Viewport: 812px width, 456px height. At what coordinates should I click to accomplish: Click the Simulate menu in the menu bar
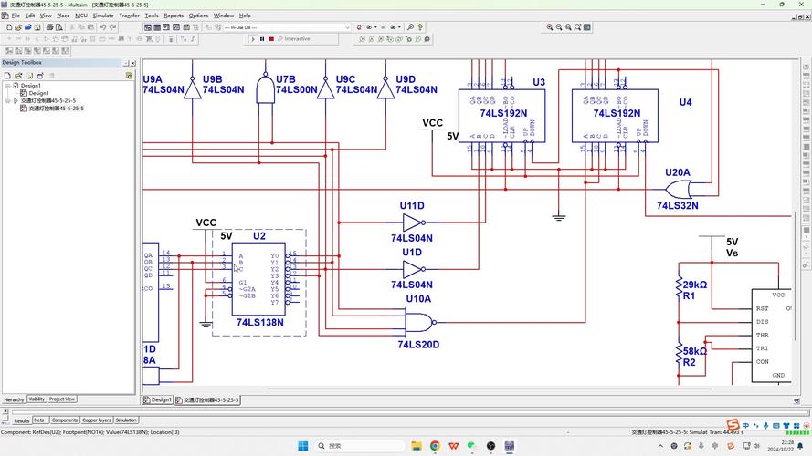[103, 16]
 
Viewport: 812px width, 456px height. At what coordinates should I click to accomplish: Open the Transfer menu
[130, 16]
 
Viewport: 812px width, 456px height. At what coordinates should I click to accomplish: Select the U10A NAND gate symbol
[418, 321]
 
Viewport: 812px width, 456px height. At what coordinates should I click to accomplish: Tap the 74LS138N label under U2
[259, 322]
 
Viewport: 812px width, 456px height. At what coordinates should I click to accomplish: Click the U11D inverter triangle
[413, 223]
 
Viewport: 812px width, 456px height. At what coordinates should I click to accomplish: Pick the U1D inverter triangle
[413, 269]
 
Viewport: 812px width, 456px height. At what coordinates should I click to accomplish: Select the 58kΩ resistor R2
[679, 353]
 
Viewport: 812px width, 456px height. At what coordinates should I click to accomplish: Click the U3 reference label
[539, 83]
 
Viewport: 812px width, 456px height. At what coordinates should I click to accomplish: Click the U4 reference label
[685, 102]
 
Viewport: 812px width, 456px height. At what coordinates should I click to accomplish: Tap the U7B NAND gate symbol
[265, 91]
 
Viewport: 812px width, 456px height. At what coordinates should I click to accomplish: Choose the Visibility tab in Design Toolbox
[37, 399]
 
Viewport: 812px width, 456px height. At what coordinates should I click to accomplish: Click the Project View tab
[63, 399]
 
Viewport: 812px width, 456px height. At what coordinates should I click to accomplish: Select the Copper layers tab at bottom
[97, 420]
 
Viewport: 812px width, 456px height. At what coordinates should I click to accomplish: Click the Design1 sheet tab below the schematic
[161, 399]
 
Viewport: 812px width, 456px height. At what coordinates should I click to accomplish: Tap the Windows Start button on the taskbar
[303, 446]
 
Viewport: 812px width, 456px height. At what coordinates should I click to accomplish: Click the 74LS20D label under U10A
[418, 345]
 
